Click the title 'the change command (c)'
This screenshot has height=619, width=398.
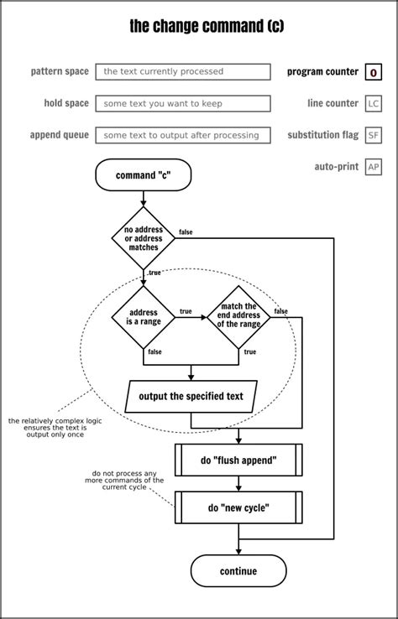click(207, 27)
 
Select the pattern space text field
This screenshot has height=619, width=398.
click(183, 72)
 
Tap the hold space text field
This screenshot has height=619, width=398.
click(183, 104)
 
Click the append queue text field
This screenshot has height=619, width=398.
click(183, 135)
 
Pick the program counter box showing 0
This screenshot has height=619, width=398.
click(374, 73)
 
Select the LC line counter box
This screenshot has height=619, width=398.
click(374, 104)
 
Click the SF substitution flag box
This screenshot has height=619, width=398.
click(374, 135)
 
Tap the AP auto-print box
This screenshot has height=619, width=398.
click(374, 167)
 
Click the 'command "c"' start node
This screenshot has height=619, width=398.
click(143, 175)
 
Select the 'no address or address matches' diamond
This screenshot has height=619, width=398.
click(144, 238)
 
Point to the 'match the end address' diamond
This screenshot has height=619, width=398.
click(238, 317)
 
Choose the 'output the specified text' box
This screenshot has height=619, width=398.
click(191, 397)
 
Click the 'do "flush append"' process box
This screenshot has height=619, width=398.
click(238, 460)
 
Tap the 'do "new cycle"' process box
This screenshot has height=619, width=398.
click(238, 507)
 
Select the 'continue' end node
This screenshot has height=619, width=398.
click(238, 571)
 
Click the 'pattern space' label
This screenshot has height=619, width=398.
click(60, 72)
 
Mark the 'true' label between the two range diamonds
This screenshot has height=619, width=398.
click(186, 311)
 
